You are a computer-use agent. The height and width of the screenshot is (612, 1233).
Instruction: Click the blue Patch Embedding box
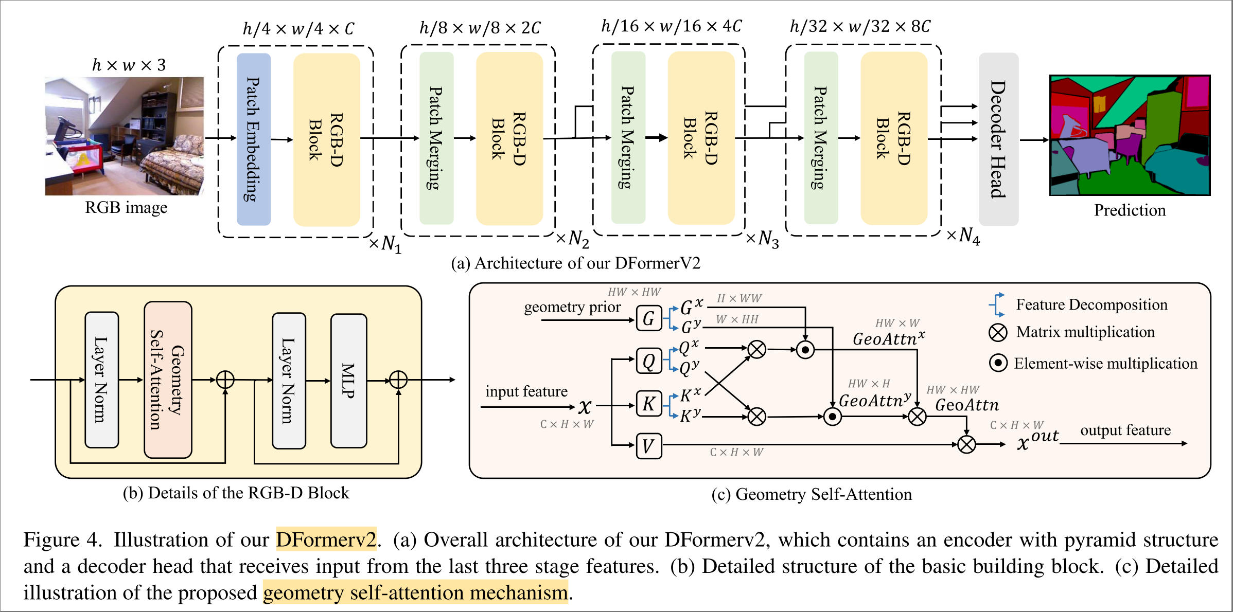[253, 139]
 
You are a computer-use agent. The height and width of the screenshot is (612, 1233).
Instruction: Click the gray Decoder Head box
[998, 139]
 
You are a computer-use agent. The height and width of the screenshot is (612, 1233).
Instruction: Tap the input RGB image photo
[125, 136]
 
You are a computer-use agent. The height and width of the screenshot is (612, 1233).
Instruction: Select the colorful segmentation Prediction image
[1130, 135]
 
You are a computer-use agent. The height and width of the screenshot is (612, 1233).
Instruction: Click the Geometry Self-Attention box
[168, 380]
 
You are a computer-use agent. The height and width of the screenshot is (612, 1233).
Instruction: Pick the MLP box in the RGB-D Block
[348, 381]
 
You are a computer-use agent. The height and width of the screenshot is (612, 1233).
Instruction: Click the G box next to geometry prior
[648, 319]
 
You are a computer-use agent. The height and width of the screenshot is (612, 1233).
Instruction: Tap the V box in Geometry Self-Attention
[648, 446]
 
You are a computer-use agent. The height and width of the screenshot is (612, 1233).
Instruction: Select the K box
[648, 404]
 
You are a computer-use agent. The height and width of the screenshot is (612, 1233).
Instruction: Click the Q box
[648, 361]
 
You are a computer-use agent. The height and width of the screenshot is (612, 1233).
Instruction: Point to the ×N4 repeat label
[963, 236]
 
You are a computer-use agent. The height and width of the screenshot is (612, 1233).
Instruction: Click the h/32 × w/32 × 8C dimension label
[860, 26]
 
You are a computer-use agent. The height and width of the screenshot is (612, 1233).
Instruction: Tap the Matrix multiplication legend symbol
[998, 332]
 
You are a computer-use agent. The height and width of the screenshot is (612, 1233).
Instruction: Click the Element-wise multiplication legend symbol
[998, 363]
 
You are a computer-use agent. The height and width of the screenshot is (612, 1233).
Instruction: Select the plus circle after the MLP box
[398, 380]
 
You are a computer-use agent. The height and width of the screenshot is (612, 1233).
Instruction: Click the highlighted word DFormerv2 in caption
[326, 539]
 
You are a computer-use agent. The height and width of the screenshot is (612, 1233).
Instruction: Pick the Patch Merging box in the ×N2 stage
[436, 138]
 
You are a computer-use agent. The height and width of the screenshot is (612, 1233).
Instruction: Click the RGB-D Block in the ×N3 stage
[700, 138]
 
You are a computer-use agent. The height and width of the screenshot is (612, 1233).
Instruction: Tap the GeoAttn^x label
[888, 338]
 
